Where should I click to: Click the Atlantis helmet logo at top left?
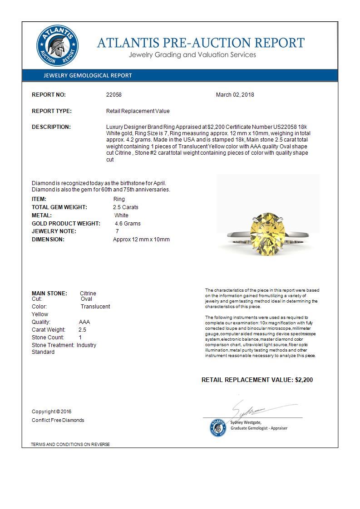[57, 47]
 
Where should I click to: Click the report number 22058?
[114, 95]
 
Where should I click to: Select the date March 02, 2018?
[235, 95]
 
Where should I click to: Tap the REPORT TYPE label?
[52, 111]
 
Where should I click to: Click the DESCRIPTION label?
[51, 127]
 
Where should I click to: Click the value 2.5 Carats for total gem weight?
[126, 207]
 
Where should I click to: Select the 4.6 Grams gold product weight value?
[128, 224]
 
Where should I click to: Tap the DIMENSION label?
[48, 240]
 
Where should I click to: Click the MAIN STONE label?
[49, 294]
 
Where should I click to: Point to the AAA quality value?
[84, 322]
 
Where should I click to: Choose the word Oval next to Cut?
[86, 299]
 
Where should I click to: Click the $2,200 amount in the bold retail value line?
[304, 380]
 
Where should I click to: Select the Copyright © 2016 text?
[52, 412]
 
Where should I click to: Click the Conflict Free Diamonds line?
[58, 420]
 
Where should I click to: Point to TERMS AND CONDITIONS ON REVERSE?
[70, 445]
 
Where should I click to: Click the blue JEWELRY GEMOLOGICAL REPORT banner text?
[88, 76]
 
